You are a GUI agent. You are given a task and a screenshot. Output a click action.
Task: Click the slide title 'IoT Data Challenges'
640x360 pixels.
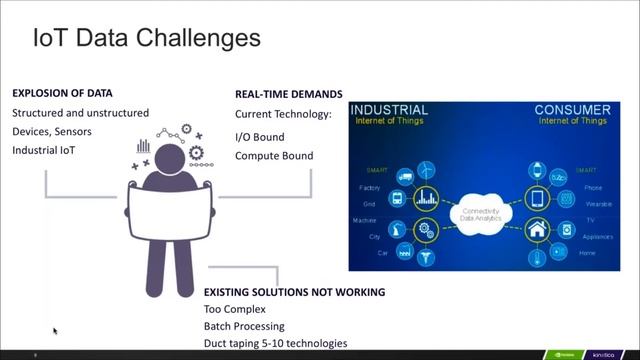pyautogui.click(x=147, y=38)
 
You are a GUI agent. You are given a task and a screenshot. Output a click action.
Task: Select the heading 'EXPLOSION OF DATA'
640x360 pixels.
pyautogui.click(x=62, y=93)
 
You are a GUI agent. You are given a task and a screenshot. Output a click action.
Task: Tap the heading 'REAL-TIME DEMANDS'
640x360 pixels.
pyautogui.click(x=288, y=94)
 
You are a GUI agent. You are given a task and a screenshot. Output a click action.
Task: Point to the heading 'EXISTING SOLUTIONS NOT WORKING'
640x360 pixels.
pyautogui.click(x=294, y=292)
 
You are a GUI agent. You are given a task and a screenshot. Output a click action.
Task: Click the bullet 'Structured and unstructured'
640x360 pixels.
pyautogui.click(x=80, y=113)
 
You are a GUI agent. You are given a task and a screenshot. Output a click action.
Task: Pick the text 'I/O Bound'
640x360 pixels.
pyautogui.click(x=259, y=136)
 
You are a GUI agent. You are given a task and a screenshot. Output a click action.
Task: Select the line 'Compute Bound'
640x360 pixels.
pyautogui.click(x=274, y=155)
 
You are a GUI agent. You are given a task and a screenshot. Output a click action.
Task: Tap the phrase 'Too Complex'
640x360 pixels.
pyautogui.click(x=234, y=309)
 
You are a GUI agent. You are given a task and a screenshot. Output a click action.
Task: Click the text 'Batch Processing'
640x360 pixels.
pyautogui.click(x=244, y=326)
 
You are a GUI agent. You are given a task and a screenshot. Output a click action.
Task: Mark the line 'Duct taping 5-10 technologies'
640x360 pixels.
pyautogui.click(x=275, y=343)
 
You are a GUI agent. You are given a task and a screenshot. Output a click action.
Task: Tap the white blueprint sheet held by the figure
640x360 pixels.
pyautogui.click(x=170, y=211)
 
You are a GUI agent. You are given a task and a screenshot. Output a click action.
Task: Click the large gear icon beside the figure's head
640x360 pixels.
pyautogui.click(x=196, y=153)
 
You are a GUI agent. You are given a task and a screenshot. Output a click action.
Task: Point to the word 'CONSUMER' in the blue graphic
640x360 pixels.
pyautogui.click(x=571, y=109)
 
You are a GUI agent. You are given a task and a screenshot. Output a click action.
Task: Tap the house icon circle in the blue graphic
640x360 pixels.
pyautogui.click(x=537, y=228)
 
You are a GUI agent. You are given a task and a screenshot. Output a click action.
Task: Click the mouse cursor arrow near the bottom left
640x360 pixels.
pyautogui.click(x=55, y=330)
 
